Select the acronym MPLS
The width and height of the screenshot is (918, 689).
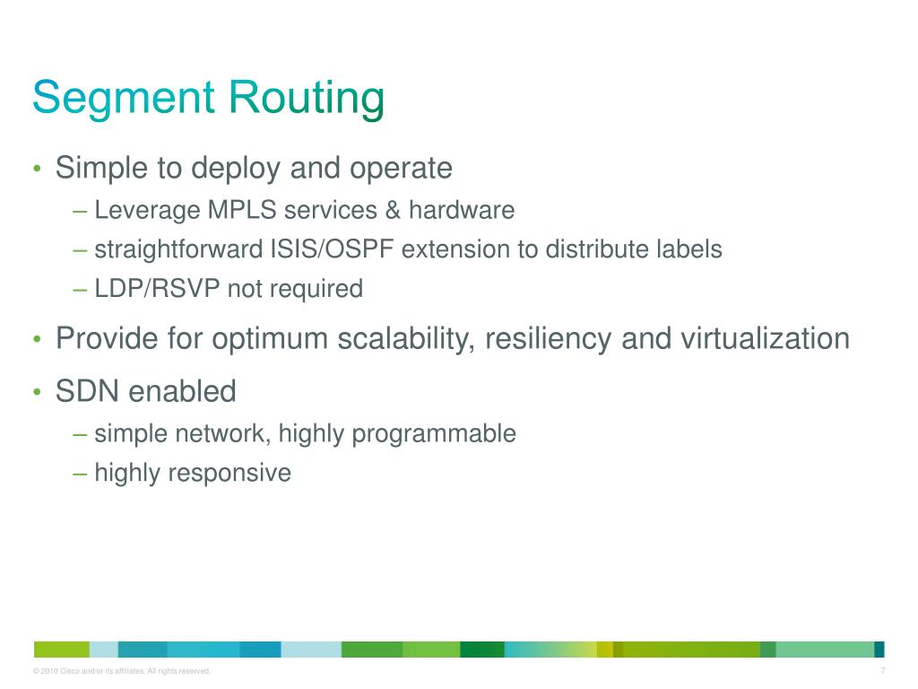click(x=242, y=211)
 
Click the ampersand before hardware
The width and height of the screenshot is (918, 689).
click(x=391, y=211)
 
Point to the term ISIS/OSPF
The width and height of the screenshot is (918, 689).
click(x=332, y=249)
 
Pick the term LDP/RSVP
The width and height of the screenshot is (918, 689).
click(x=157, y=289)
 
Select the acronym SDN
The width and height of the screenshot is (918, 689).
click(x=88, y=392)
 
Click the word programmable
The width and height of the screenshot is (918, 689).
click(x=434, y=434)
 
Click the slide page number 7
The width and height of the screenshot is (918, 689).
click(x=883, y=671)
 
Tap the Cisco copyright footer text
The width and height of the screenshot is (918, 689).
click(x=121, y=672)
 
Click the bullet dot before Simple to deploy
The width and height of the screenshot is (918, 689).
click(x=37, y=170)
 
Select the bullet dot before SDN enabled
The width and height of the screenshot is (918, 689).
click(x=37, y=393)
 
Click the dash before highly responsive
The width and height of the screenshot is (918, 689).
click(x=80, y=473)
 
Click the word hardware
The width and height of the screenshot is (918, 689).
click(x=462, y=211)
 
